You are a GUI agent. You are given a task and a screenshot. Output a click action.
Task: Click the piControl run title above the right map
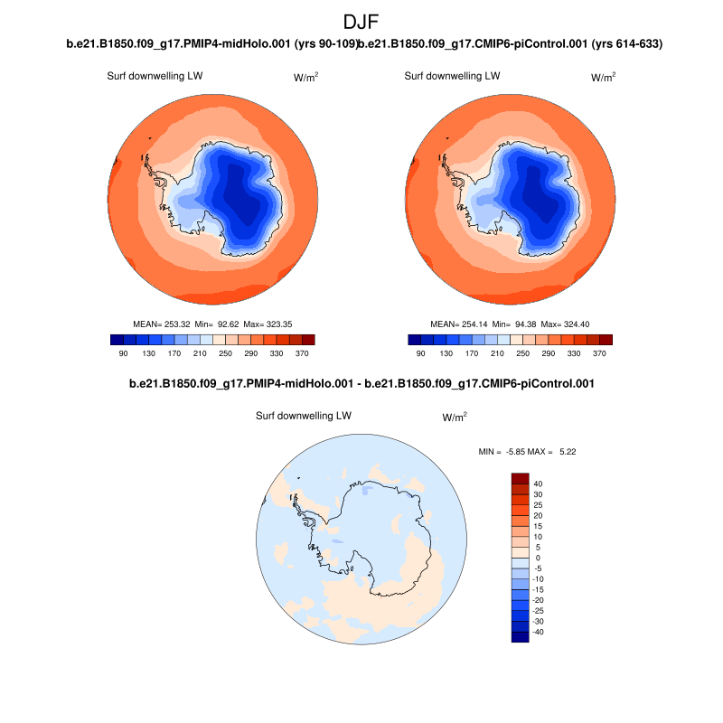click(512, 44)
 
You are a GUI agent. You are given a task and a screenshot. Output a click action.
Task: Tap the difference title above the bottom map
click(361, 384)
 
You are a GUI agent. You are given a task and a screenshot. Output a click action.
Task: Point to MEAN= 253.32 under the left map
click(161, 324)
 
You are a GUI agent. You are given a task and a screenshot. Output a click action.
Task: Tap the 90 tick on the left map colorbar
click(124, 353)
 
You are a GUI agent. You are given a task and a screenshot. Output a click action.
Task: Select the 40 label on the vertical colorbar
click(538, 484)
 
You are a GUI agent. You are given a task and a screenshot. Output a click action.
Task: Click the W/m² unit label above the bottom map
click(455, 418)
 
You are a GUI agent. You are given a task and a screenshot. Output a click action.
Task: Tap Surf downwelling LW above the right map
click(452, 76)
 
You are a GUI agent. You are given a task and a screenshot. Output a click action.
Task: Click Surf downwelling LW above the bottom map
click(303, 416)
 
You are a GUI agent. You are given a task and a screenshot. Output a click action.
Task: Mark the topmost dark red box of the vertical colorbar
click(520, 477)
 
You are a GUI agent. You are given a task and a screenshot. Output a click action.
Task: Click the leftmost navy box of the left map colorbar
click(117, 340)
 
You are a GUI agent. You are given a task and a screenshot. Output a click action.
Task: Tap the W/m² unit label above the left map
click(305, 78)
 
